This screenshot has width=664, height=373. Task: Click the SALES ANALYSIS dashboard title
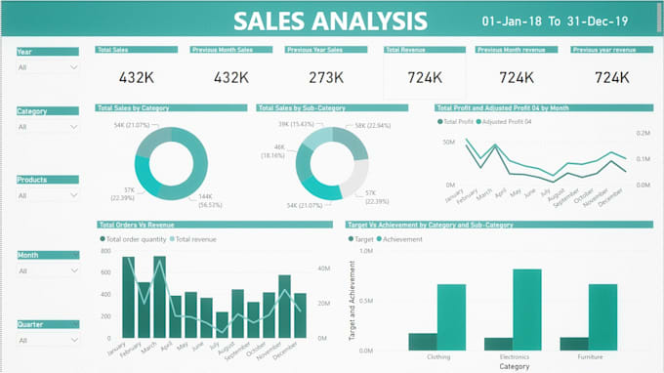click(x=331, y=21)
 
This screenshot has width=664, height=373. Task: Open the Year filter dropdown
click(x=48, y=67)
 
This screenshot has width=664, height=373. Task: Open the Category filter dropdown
click(x=48, y=127)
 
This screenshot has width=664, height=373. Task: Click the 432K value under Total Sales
click(x=137, y=77)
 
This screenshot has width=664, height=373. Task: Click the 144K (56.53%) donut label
click(x=211, y=200)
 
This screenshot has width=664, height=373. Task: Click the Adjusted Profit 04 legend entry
click(x=507, y=122)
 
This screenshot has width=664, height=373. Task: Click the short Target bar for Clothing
click(x=423, y=341)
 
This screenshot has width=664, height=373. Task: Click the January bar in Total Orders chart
click(x=129, y=298)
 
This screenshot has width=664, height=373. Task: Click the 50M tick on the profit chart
click(x=449, y=142)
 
